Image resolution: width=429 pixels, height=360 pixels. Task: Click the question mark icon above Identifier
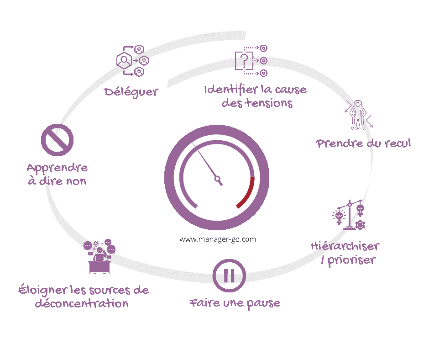pyautogui.click(x=245, y=60)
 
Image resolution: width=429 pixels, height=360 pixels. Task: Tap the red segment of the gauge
pyautogui.click(x=247, y=194)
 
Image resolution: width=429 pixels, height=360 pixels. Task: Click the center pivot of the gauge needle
pyautogui.click(x=217, y=178)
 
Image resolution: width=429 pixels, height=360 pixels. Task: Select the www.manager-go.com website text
pyautogui.click(x=217, y=239)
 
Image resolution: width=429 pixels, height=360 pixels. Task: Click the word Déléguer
pyautogui.click(x=131, y=91)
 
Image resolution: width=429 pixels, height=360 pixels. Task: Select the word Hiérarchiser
pyautogui.click(x=345, y=246)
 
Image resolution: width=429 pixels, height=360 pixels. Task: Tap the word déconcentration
pyautogui.click(x=82, y=304)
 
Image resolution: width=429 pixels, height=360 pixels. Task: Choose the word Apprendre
pyautogui.click(x=57, y=168)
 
